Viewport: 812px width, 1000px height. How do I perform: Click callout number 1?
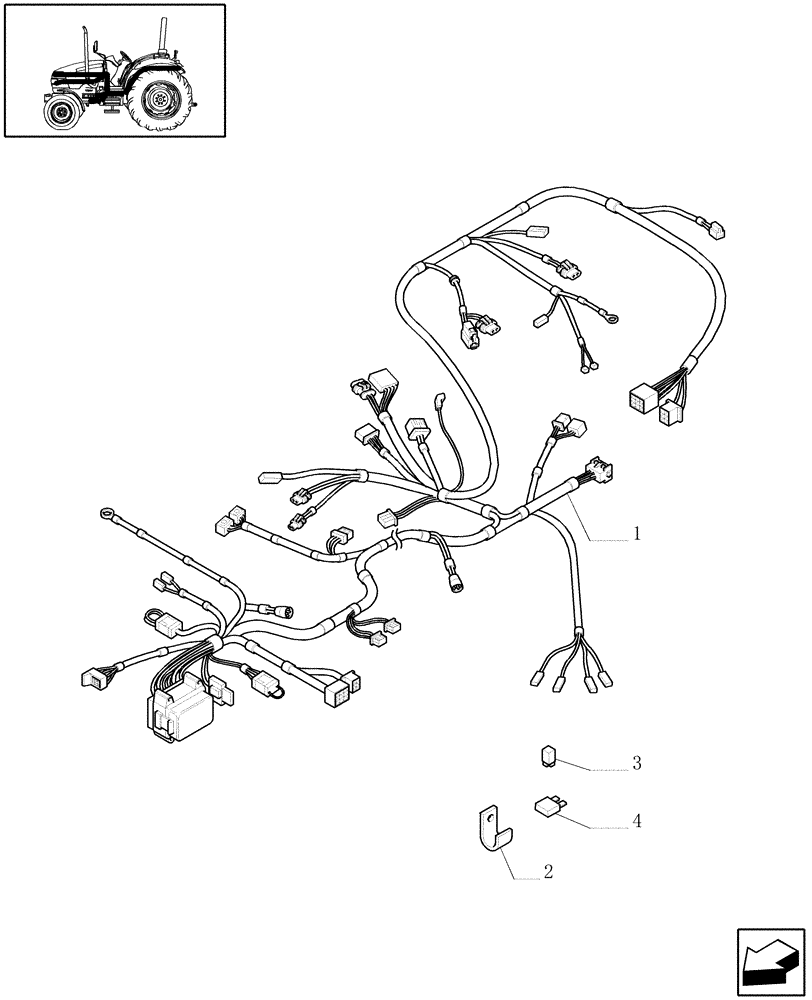click(x=636, y=534)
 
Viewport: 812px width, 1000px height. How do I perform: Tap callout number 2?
click(x=547, y=872)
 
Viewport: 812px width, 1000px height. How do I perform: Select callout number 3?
click(x=636, y=764)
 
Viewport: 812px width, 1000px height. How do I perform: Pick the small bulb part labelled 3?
click(x=549, y=755)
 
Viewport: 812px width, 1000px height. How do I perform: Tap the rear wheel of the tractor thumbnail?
click(x=159, y=98)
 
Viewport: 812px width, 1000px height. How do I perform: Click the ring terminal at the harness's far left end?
click(x=105, y=516)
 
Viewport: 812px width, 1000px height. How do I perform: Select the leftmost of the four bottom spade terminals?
click(x=535, y=682)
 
